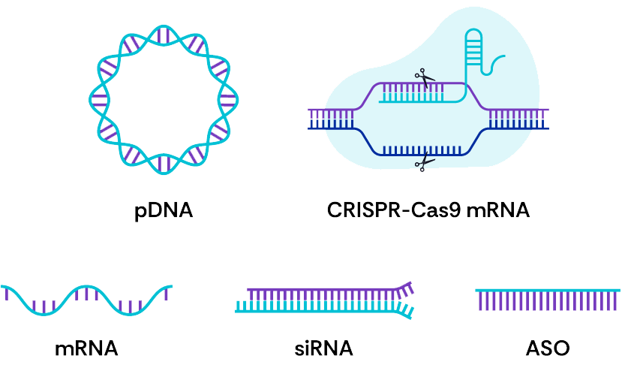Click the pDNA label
[164, 211]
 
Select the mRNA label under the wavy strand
[86, 348]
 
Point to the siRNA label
[323, 348]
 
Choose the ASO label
[548, 348]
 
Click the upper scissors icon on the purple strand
[425, 78]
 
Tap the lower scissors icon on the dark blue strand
[425, 161]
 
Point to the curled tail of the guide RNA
[494, 65]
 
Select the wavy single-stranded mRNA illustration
[86, 300]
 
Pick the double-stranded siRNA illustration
[324, 300]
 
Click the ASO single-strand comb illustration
[548, 300]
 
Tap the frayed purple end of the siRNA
[404, 288]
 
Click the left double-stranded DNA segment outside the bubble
[331, 119]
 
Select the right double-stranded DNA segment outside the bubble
[518, 119]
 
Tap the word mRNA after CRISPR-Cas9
[498, 210]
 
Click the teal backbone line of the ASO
[548, 290]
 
